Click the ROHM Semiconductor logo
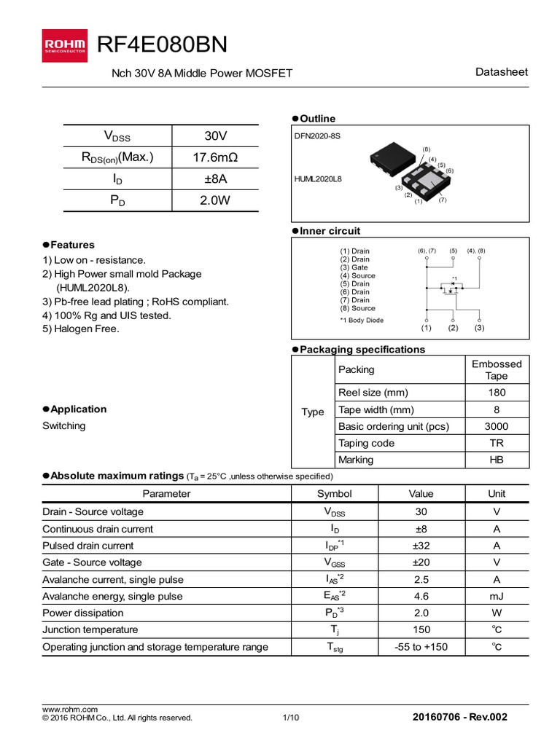(x=64, y=45)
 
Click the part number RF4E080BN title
(x=162, y=45)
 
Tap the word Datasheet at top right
(x=501, y=72)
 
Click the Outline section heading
(x=317, y=119)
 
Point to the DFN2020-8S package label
(x=317, y=136)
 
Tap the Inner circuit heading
(x=330, y=231)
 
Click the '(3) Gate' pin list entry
(x=354, y=267)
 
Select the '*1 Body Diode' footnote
(x=362, y=320)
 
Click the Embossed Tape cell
(x=497, y=369)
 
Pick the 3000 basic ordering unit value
(x=497, y=426)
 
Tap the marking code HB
(x=497, y=460)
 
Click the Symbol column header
(x=334, y=493)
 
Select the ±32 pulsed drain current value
(x=421, y=546)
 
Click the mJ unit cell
(x=496, y=596)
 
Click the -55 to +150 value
(x=421, y=647)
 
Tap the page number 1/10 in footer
(x=290, y=718)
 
